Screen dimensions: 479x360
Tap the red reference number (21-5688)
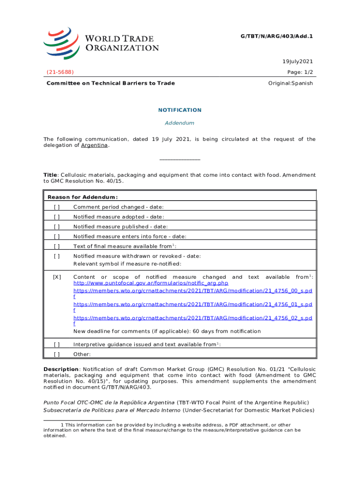[60, 72]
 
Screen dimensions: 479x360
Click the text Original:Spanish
[290, 83]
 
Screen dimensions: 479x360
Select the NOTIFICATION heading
[180, 110]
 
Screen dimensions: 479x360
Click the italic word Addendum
[180, 123]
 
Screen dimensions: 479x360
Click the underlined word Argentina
[95, 145]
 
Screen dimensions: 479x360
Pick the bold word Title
[50, 175]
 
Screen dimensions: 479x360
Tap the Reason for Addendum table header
[82, 197]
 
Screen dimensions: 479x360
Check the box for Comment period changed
[57, 207]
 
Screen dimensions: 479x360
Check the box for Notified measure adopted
[57, 217]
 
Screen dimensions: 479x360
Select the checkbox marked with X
[57, 277]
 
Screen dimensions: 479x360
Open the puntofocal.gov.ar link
[151, 283]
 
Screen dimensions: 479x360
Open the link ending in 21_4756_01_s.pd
[193, 304]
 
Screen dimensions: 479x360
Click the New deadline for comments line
[167, 331]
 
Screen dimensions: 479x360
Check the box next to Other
[57, 354]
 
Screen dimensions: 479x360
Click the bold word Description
[61, 369]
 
